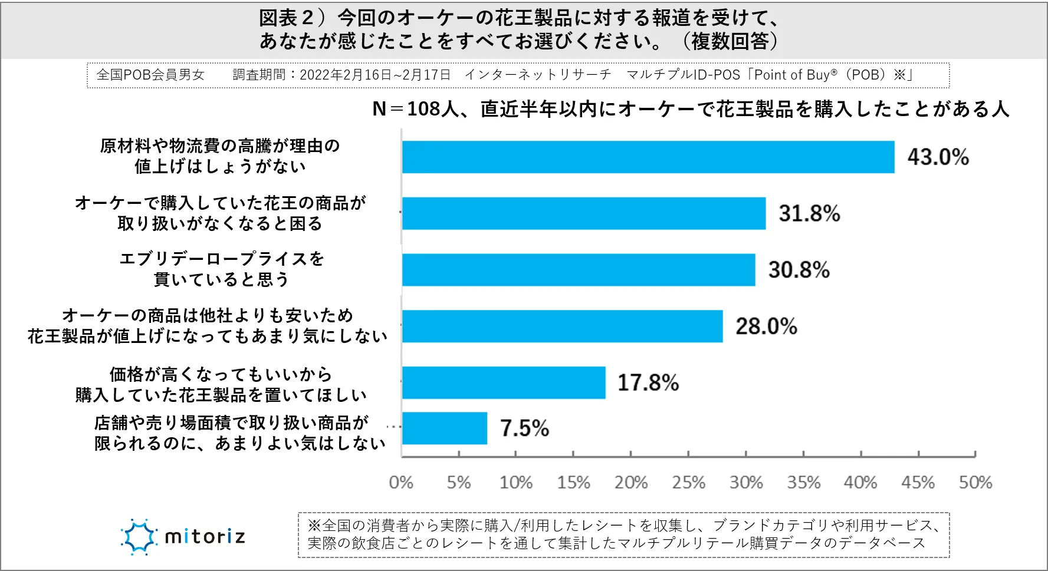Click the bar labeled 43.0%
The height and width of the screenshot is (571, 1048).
[648, 157]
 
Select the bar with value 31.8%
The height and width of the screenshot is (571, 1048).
[583, 213]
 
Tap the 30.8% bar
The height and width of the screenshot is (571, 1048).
[578, 270]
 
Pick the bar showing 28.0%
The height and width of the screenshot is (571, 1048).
[562, 326]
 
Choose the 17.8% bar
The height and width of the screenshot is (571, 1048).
[503, 382]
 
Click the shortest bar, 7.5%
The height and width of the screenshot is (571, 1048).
[444, 428]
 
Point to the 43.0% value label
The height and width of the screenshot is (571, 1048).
[938, 157]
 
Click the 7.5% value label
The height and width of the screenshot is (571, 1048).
[524, 428]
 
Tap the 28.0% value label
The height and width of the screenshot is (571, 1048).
[766, 326]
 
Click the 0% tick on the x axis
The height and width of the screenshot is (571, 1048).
[401, 483]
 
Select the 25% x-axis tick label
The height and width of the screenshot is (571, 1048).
[688, 483]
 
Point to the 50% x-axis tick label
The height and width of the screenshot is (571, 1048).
[975, 483]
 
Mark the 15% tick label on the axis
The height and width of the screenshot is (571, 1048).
[573, 483]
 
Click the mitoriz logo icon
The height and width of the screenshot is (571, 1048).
[139, 537]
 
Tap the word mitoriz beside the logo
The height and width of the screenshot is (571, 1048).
[205, 537]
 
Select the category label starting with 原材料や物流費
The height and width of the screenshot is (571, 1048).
[220, 156]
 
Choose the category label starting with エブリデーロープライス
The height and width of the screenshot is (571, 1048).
[221, 269]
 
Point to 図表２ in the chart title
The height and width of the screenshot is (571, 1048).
[287, 18]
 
